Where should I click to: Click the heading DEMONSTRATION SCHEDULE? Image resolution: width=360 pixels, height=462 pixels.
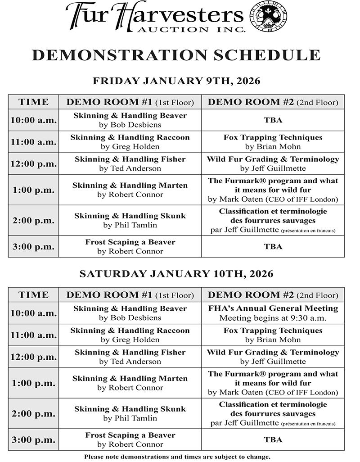[x=176, y=55]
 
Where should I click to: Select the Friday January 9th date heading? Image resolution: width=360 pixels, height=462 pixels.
[x=176, y=81]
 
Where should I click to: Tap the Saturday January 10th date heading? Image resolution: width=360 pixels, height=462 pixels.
[x=176, y=274]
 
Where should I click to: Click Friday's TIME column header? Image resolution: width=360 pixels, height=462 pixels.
[x=33, y=102]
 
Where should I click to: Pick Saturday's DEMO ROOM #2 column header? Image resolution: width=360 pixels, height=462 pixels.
[x=273, y=295]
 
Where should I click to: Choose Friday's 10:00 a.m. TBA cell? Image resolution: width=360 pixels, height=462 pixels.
[x=273, y=120]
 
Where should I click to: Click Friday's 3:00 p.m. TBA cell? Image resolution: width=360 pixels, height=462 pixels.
[x=273, y=246]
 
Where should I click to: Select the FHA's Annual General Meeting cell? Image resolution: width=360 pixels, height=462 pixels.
[x=273, y=313]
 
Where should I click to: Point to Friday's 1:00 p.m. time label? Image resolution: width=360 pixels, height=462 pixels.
[x=33, y=190]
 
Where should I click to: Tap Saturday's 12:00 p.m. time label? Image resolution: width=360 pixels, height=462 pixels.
[x=33, y=357]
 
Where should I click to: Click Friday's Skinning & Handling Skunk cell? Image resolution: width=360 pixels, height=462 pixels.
[x=130, y=220]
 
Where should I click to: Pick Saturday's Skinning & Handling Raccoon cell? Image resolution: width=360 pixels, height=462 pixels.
[x=130, y=335]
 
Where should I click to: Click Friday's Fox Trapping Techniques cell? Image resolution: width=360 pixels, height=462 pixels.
[x=273, y=142]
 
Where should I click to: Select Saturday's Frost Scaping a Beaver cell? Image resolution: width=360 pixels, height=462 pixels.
[x=130, y=439]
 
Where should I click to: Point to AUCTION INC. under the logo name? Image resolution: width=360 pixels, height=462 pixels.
[x=201, y=30]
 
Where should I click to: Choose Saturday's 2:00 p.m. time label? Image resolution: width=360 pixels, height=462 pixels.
[x=33, y=413]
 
